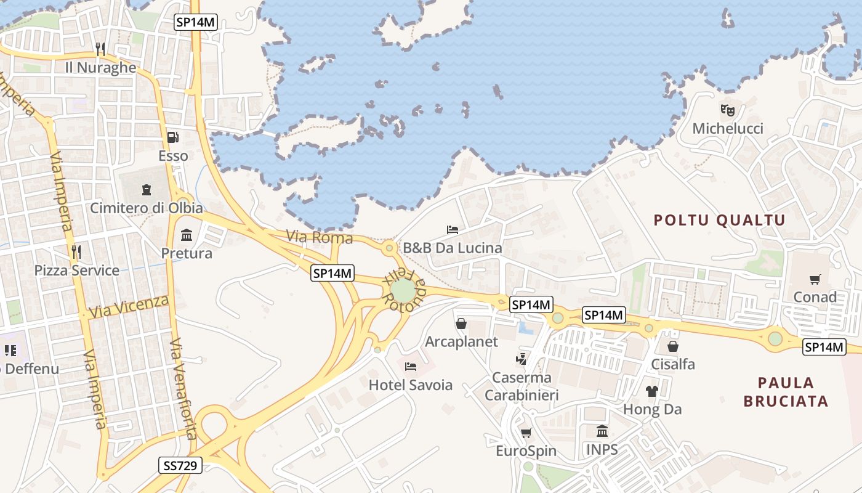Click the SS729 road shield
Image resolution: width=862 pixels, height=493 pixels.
(x=180, y=465)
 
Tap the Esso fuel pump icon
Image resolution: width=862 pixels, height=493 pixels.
(x=173, y=137)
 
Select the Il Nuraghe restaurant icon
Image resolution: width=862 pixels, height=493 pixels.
(x=101, y=49)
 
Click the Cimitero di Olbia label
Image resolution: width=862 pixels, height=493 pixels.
(x=147, y=208)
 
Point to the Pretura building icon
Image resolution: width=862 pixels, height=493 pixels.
(x=187, y=235)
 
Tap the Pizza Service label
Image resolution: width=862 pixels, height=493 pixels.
(x=77, y=271)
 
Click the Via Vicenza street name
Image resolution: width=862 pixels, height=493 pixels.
(x=129, y=306)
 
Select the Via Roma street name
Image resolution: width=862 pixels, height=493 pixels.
(x=319, y=237)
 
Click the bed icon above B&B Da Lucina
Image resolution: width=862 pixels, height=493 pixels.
(x=453, y=230)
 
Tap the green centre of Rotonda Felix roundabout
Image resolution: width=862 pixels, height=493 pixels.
(x=403, y=291)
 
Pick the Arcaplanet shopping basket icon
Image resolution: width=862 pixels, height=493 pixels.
(x=461, y=324)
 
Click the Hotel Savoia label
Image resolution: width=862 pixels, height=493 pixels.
(x=411, y=385)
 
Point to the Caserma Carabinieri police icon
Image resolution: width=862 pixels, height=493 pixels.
(x=522, y=358)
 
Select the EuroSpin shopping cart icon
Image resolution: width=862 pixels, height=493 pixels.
(x=526, y=433)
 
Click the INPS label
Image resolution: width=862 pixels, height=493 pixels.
(x=602, y=449)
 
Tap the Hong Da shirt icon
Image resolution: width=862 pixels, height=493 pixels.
(x=652, y=391)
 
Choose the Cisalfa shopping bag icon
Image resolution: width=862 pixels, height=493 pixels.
(x=673, y=346)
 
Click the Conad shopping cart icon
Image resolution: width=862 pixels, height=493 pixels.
(x=815, y=279)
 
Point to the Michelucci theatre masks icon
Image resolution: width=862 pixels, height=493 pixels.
(x=728, y=110)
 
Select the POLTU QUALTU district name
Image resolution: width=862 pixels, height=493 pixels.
(x=720, y=220)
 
